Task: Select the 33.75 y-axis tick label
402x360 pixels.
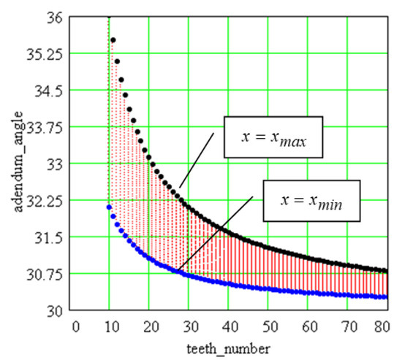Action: pos(46,127)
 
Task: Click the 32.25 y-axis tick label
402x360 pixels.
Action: pos(46,201)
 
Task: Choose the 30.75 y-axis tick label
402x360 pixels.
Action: pos(46,274)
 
